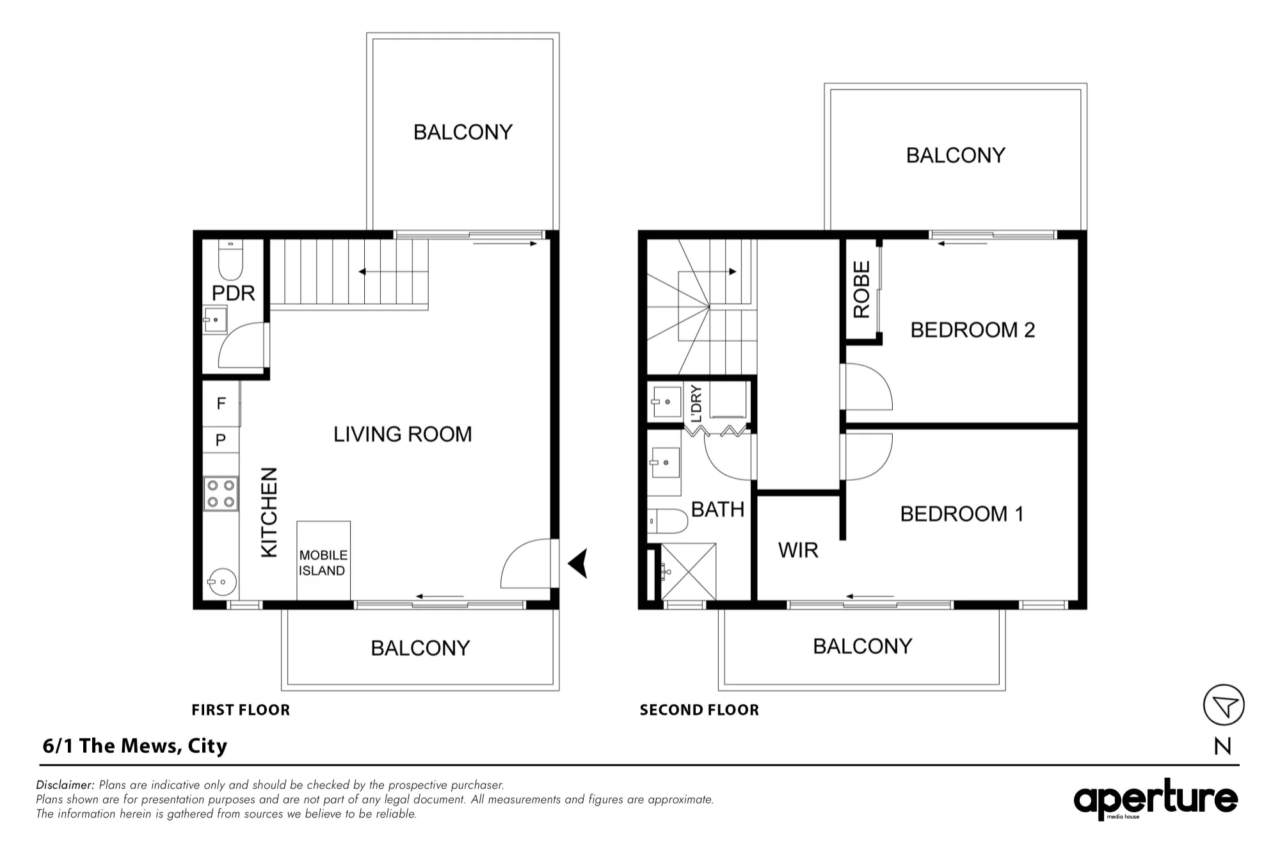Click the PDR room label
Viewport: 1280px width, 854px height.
coord(233,293)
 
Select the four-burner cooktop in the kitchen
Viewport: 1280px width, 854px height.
coord(221,494)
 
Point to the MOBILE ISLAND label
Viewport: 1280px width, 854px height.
coord(323,563)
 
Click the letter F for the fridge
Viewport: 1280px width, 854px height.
coord(221,403)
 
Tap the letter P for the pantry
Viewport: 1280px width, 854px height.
coord(221,440)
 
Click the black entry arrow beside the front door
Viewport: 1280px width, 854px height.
coord(578,564)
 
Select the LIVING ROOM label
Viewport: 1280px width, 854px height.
coord(403,435)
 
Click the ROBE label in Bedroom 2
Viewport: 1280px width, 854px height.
coord(862,289)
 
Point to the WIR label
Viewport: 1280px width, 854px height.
coord(798,550)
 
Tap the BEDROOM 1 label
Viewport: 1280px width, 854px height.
coord(962,513)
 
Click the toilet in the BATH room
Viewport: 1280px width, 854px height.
coord(667,521)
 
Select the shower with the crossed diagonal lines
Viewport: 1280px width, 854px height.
coord(689,571)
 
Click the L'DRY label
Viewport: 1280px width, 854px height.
coord(697,403)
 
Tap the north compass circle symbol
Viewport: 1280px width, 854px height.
coord(1224,705)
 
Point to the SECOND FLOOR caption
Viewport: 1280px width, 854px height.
coord(700,710)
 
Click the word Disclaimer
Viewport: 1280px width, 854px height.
coord(66,785)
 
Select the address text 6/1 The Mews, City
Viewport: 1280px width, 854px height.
coord(135,746)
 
